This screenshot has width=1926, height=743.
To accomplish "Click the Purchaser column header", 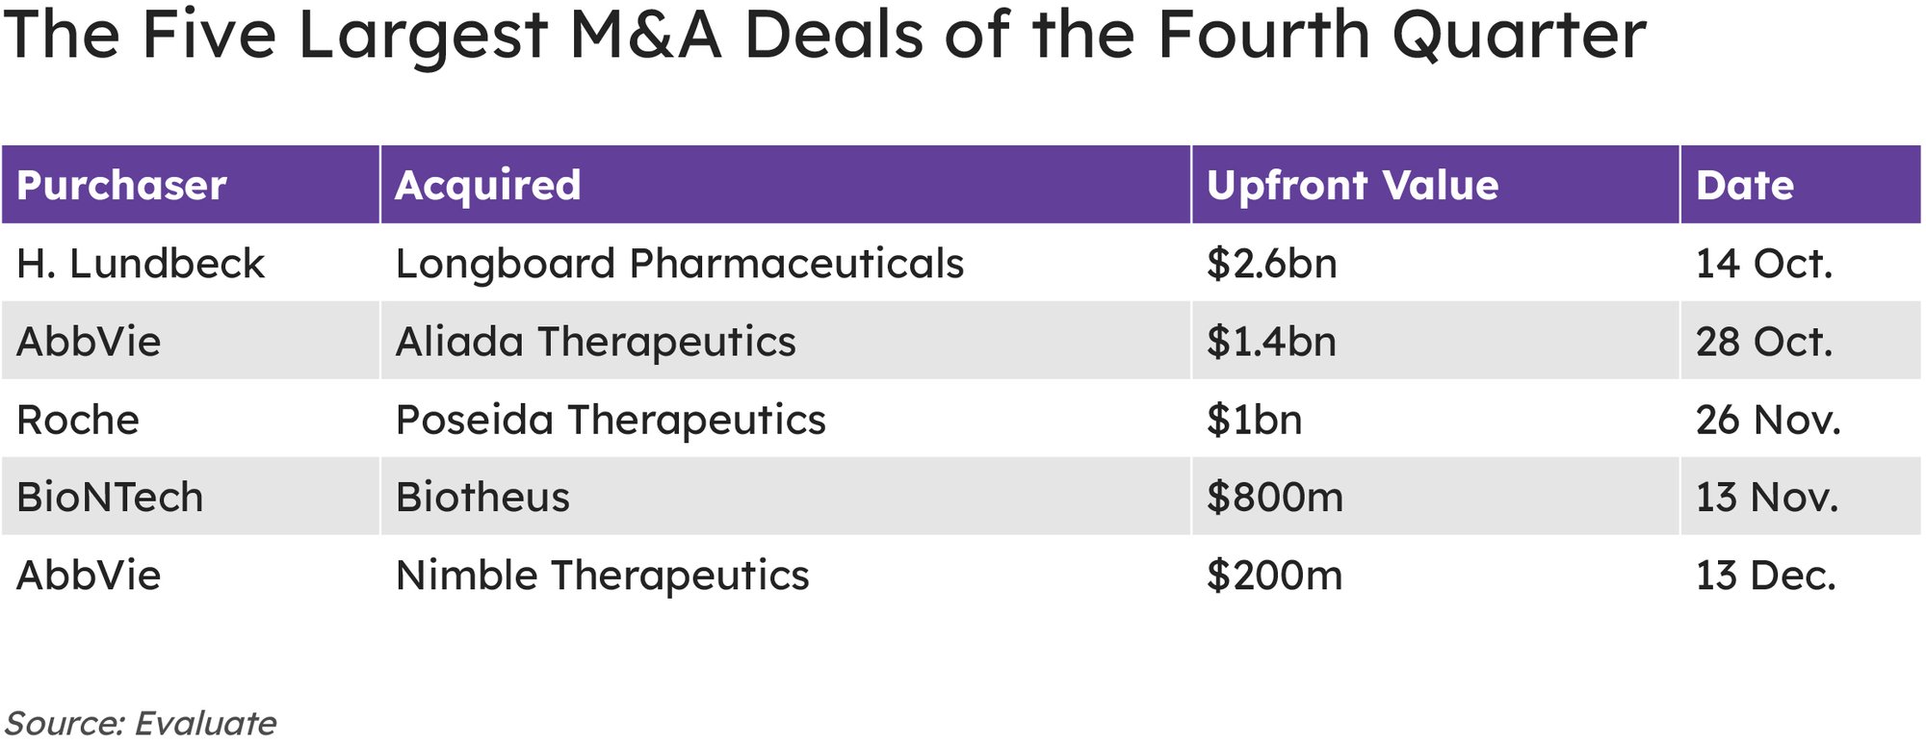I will (x=121, y=185).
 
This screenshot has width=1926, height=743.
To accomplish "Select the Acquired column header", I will (x=488, y=185).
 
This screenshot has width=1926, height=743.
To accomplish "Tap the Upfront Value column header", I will (x=1352, y=185).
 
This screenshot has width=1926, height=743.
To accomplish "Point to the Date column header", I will (x=1744, y=185).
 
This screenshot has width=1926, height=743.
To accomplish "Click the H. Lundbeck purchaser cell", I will (x=141, y=264).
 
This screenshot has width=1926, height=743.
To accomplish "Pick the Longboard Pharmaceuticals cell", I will (x=679, y=264).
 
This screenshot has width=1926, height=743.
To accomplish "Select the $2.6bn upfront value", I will (x=1271, y=264).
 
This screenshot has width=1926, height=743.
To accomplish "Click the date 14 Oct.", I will (x=1763, y=264).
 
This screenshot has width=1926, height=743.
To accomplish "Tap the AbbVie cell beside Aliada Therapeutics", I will (x=89, y=342).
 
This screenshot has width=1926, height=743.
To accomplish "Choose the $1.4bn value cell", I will (x=1271, y=342).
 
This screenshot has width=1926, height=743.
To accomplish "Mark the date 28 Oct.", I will (x=1763, y=342).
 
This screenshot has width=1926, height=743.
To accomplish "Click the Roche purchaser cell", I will (x=78, y=420).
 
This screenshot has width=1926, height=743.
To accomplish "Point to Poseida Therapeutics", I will (x=611, y=420).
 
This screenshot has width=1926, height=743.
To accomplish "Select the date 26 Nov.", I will (x=1767, y=420).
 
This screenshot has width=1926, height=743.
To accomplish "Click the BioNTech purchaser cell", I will (x=110, y=498).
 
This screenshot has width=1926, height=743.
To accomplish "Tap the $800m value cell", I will (x=1274, y=498).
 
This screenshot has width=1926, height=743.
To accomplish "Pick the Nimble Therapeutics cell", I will (x=602, y=576).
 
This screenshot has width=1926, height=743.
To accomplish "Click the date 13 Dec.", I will (x=1765, y=576).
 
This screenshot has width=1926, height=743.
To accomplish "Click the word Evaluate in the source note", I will (x=205, y=723).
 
